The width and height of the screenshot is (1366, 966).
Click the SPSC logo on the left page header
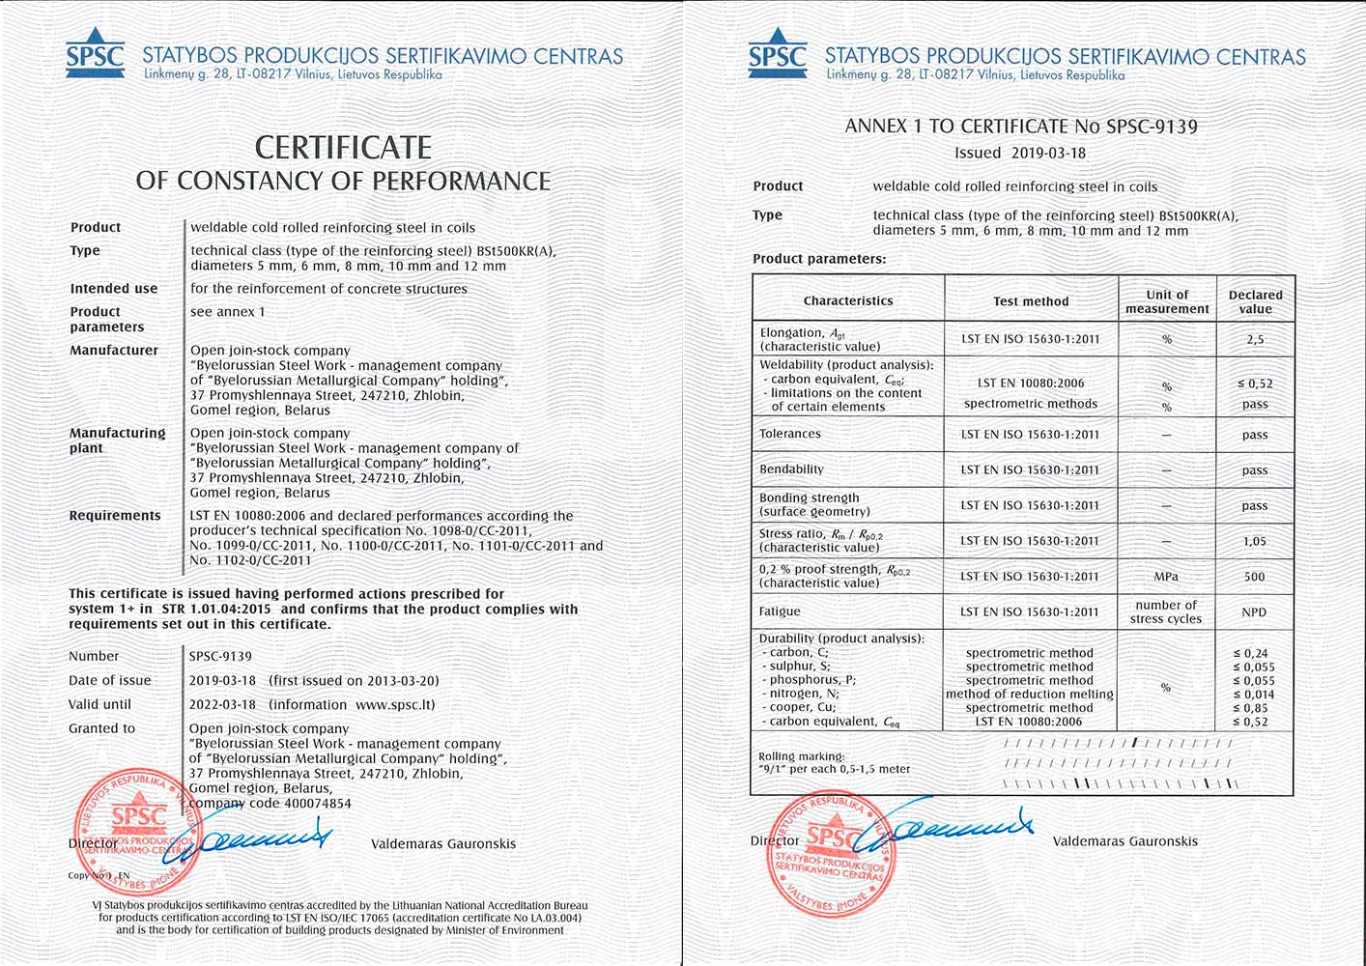[95, 55]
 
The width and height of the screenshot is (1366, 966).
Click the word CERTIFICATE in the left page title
[343, 147]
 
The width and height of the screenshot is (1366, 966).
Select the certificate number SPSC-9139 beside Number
[221, 657]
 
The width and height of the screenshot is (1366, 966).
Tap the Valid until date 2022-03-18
[222, 705]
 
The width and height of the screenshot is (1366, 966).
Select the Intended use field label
[113, 289]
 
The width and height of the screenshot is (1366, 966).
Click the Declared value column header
[1255, 301]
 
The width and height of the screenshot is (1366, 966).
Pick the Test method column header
[1031, 301]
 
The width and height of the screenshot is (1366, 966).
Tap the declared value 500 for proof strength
[1254, 577]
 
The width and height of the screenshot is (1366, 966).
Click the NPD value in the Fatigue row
[1254, 612]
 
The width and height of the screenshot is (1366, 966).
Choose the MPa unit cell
[1166, 577]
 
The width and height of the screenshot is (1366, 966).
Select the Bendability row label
[791, 469]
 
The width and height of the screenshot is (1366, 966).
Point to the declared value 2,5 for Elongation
[1255, 340]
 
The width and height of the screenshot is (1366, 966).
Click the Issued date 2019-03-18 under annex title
[1048, 153]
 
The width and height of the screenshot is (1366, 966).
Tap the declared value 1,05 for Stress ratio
[1254, 542]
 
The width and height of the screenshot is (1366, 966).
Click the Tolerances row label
[789, 434]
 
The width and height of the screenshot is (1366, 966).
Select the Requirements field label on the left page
[114, 516]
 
